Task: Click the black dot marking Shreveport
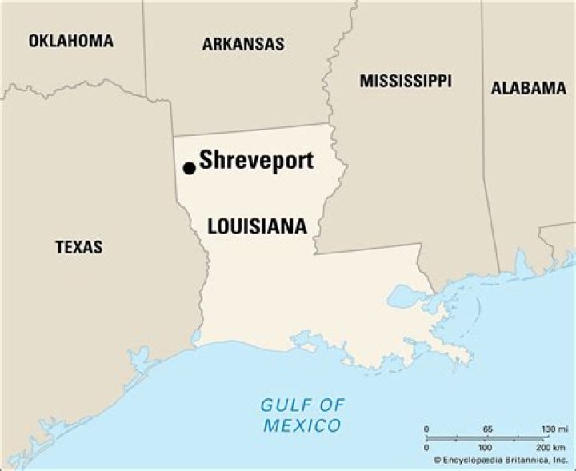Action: (x=189, y=168)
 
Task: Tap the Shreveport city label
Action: (x=256, y=161)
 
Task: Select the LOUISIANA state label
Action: (x=257, y=227)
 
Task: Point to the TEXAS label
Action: (x=78, y=247)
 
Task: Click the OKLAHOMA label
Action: (x=71, y=41)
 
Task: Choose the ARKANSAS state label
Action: (x=242, y=44)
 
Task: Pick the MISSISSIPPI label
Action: (x=405, y=81)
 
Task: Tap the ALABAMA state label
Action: (x=528, y=88)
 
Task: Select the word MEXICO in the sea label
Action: (x=302, y=425)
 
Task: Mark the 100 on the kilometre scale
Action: (x=485, y=446)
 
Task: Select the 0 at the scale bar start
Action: (x=426, y=429)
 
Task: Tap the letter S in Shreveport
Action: (x=206, y=161)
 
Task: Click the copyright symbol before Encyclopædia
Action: (x=438, y=460)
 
